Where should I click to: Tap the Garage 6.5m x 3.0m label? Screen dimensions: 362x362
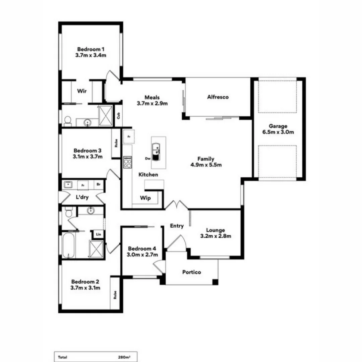[x=278, y=129]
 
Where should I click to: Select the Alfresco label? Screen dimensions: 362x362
[x=218, y=97]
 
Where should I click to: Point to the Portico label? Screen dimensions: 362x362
[x=191, y=272]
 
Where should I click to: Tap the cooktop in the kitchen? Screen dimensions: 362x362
[x=128, y=162]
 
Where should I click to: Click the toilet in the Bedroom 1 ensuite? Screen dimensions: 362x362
[x=68, y=121]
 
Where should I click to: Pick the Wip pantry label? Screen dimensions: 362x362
[x=145, y=198]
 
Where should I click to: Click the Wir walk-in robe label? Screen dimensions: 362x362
[x=82, y=91]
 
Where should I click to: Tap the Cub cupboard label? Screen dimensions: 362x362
[x=118, y=115]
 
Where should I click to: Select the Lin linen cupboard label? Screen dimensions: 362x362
[x=98, y=234]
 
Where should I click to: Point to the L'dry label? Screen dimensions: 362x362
[x=82, y=197]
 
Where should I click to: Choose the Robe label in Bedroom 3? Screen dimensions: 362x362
[x=116, y=143]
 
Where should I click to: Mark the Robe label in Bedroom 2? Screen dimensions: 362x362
[x=115, y=295]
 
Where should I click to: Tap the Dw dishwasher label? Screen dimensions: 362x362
[x=147, y=159]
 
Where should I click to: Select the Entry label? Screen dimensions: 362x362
[x=177, y=226]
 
